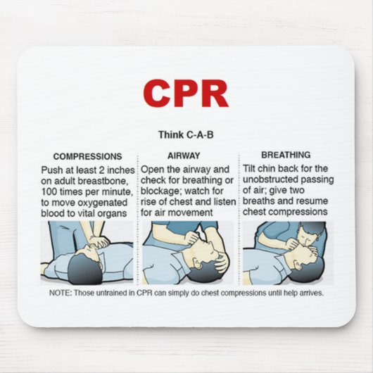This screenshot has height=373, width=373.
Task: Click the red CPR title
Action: tap(186, 93)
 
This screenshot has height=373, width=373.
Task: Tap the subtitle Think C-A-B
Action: tap(185, 134)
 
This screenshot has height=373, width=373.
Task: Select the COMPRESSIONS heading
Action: tap(87, 156)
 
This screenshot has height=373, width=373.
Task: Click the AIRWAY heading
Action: tap(184, 156)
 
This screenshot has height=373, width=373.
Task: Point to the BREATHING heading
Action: tap(286, 155)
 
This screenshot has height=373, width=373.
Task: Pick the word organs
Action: tap(112, 213)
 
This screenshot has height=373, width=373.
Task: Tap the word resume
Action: tap(313, 202)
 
